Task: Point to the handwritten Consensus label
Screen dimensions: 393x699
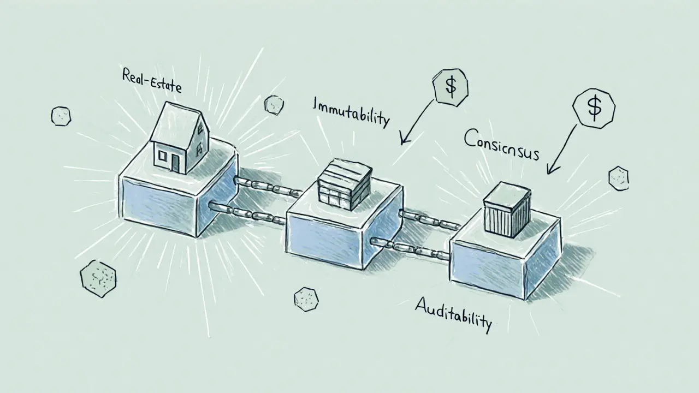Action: coord(501,145)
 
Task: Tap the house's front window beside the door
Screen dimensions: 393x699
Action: coord(162,156)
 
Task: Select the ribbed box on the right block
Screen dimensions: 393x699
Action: coord(507,210)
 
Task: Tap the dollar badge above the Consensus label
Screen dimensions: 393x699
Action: coord(594,107)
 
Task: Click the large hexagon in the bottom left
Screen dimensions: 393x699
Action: coord(98,278)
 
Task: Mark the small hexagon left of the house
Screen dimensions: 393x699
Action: coord(61,116)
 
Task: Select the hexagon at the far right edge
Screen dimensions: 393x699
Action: coord(618,178)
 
